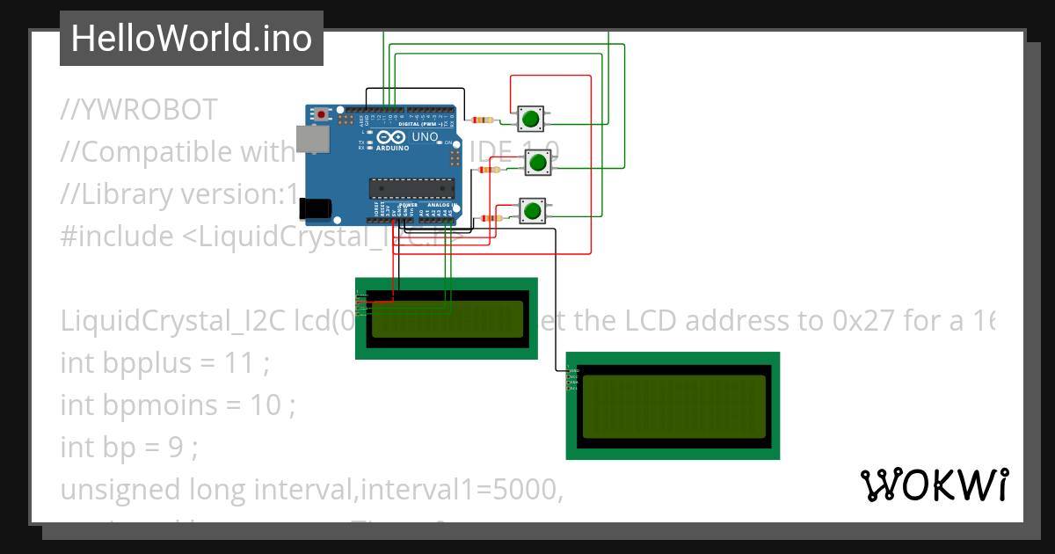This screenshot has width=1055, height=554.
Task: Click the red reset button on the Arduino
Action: pyautogui.click(x=323, y=114)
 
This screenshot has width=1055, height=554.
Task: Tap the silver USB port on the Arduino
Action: pyautogui.click(x=309, y=139)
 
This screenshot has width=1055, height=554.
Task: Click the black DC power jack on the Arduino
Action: pyautogui.click(x=315, y=208)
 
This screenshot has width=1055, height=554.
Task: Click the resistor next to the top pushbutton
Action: pyautogui.click(x=483, y=120)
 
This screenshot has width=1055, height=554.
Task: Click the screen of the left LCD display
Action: pyautogui.click(x=447, y=319)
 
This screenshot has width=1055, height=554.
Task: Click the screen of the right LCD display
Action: pyautogui.click(x=673, y=406)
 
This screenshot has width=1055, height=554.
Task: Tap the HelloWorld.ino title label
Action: pyautogui.click(x=192, y=39)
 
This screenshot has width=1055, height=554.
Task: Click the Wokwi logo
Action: pyautogui.click(x=934, y=485)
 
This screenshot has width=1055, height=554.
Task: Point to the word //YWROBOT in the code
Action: pyautogui.click(x=139, y=110)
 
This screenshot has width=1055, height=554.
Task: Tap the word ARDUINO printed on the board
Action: pyautogui.click(x=393, y=148)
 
